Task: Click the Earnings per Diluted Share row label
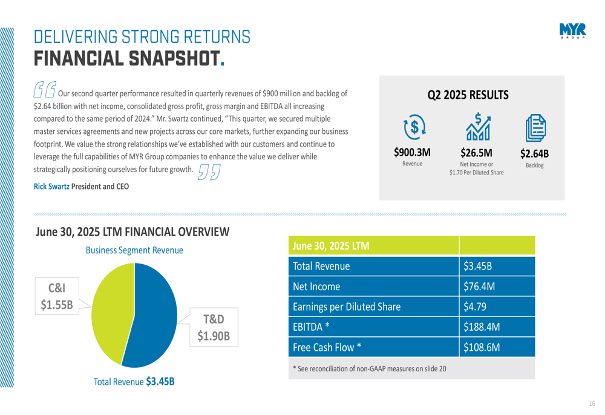tap(347, 307)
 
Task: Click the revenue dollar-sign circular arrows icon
tap(414, 127)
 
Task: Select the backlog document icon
tap(535, 128)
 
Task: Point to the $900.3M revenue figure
tap(413, 152)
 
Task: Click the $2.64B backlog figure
tap(535, 153)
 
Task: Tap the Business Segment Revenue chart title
tap(134, 250)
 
